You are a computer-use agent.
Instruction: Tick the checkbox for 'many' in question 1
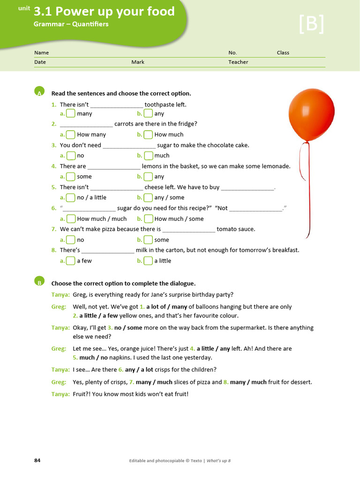coord(70,113)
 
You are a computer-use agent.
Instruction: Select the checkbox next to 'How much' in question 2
coord(148,135)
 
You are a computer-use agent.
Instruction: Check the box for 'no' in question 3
coord(70,156)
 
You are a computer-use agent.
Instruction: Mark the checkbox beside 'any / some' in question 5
coord(148,197)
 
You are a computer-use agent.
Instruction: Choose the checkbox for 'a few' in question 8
coord(70,261)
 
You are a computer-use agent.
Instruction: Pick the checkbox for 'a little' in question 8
coord(148,261)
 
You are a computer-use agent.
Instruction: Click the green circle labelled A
coord(39,91)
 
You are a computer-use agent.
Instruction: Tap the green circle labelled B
coord(39,281)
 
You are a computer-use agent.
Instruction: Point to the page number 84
coord(37,460)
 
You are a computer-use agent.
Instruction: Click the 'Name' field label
coord(41,52)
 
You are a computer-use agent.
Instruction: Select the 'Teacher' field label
coord(238,62)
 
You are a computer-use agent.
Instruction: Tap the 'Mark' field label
coord(138,62)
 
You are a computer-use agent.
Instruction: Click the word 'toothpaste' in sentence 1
coord(159,105)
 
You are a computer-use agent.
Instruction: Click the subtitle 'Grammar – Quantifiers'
coord(71,24)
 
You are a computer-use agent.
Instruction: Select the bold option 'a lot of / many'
coord(166,307)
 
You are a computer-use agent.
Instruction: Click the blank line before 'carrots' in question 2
coord(86,124)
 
